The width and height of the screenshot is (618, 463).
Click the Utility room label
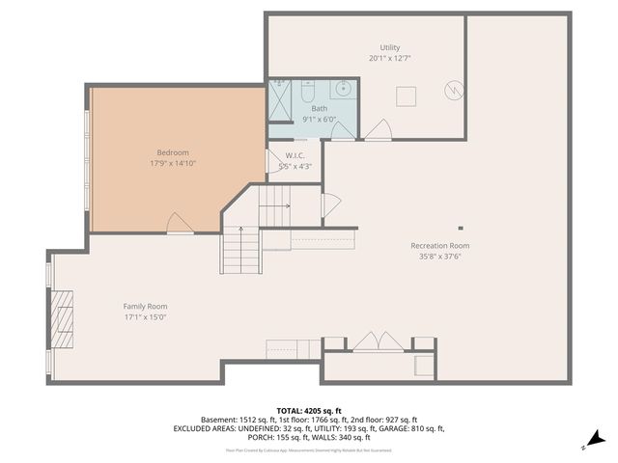389,47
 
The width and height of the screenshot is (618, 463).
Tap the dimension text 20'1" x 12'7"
389,58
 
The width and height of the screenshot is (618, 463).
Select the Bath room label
319,109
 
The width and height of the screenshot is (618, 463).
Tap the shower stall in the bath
279,100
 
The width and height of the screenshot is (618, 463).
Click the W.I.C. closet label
295,156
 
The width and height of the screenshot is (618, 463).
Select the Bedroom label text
173,152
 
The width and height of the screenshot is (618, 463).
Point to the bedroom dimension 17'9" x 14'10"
173,163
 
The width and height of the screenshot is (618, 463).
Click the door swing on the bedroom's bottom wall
180,224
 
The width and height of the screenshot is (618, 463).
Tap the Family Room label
145,306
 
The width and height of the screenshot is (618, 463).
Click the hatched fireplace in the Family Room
63,317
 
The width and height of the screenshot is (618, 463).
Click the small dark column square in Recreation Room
461,229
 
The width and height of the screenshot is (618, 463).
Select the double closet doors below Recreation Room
377,341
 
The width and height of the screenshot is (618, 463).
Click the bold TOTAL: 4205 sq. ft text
308,410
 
